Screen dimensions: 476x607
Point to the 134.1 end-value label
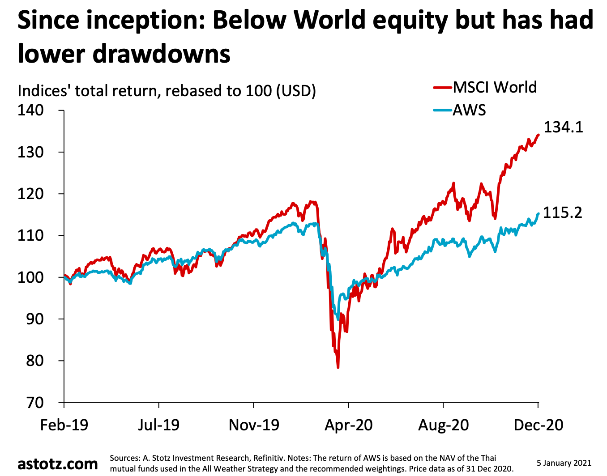[563, 127]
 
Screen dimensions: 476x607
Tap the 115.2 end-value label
[563, 212]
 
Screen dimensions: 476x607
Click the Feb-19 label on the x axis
[64, 425]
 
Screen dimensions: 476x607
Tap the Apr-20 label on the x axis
[348, 425]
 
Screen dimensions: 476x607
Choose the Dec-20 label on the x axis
[538, 425]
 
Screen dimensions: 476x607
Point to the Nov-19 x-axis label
[254, 425]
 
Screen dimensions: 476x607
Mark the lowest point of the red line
[338, 367]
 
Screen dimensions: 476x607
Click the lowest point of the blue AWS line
[338, 319]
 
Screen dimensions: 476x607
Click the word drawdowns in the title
[162, 54]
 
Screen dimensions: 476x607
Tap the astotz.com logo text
[58, 464]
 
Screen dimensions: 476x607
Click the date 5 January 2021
[564, 463]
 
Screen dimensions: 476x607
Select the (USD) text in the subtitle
[296, 91]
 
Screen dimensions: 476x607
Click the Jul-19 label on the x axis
[158, 425]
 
